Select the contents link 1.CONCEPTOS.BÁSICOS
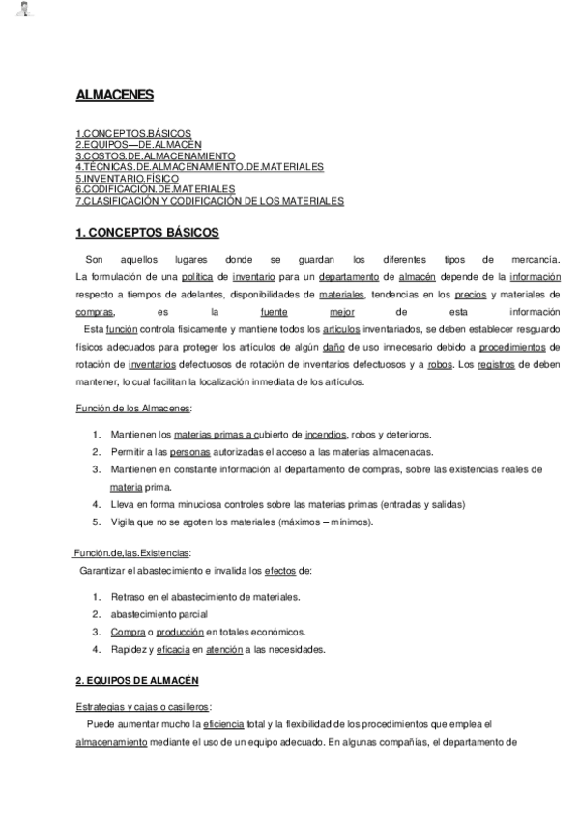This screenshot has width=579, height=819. [133, 132]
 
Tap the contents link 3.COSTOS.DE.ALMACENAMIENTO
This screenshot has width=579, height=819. [155, 155]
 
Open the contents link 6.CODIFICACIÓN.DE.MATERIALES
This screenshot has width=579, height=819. [155, 188]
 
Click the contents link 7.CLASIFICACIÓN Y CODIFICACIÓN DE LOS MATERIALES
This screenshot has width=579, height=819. [210, 200]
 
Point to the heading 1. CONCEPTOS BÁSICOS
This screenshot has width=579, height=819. [148, 233]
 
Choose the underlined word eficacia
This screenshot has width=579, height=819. [183, 649]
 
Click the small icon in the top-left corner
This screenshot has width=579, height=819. [23, 13]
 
